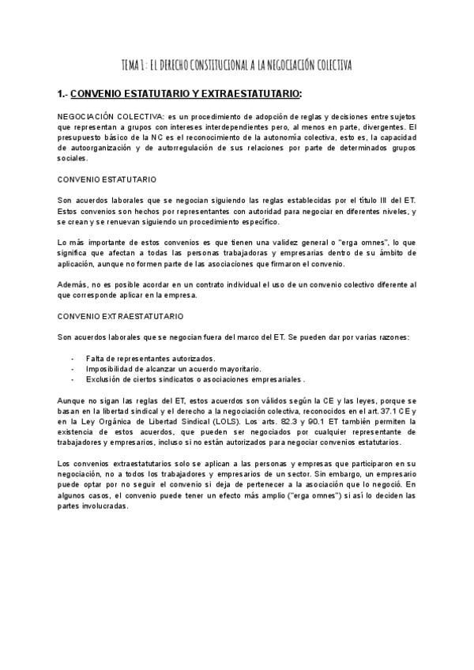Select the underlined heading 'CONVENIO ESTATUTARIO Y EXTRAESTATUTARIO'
(186, 94)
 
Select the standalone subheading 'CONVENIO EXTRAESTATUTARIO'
(121, 316)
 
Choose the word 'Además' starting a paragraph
(73, 284)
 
